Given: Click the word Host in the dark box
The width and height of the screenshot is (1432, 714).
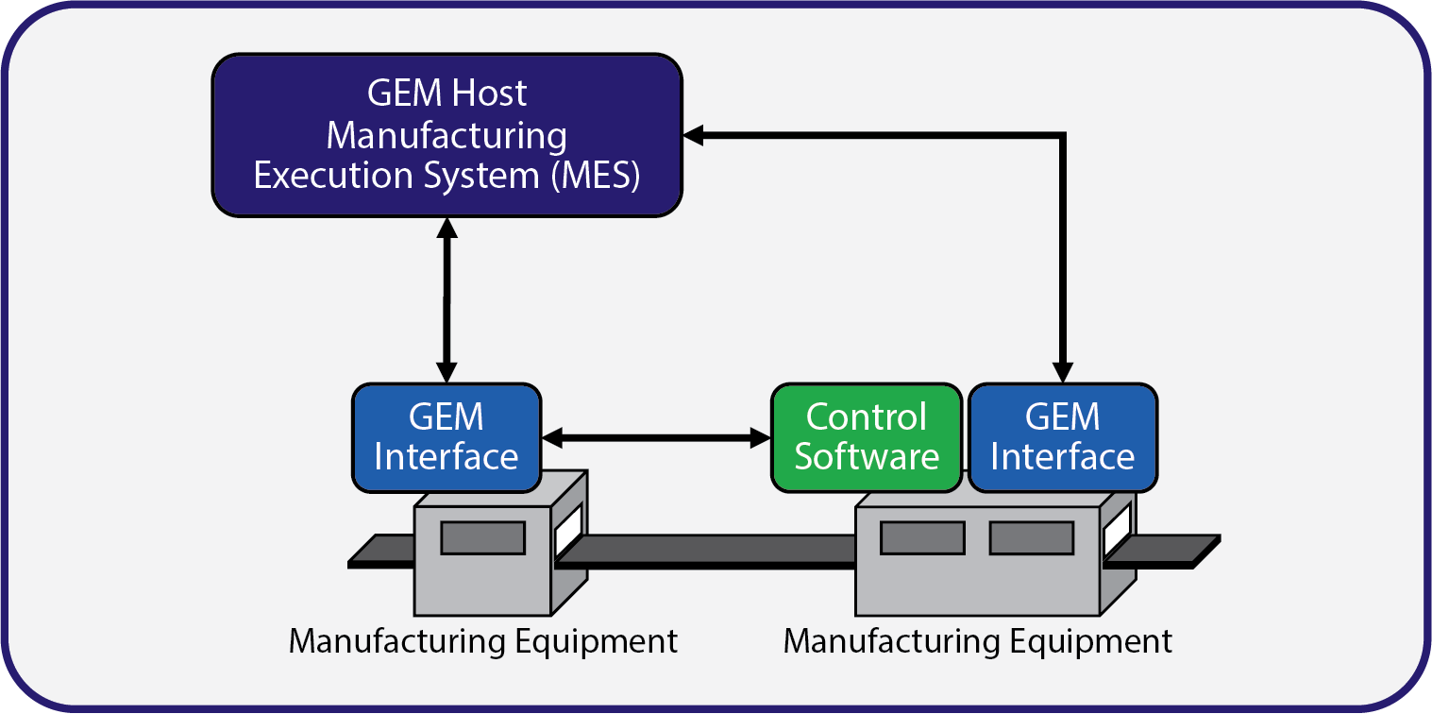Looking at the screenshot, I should point(490,93).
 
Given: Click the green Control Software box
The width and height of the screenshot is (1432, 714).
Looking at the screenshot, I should point(867,437).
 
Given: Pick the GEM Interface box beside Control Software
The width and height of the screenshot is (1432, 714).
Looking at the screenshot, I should point(1063,437).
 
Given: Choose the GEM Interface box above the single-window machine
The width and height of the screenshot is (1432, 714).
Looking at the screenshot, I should point(446,437).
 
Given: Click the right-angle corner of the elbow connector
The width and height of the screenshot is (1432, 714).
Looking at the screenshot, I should point(1063,136).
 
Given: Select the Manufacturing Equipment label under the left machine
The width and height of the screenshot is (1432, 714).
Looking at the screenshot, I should point(482,641).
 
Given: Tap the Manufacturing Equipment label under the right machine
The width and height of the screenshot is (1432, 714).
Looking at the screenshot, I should point(978,641).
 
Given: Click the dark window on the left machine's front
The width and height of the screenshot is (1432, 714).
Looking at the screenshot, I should point(482,537).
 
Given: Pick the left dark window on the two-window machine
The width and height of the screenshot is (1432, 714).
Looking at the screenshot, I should point(922,537).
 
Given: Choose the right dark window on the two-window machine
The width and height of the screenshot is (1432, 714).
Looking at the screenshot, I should point(1031,537).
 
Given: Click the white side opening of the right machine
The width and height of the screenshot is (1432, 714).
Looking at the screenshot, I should point(1117,530).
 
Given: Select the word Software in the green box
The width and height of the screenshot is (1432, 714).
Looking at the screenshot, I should point(867,457).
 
